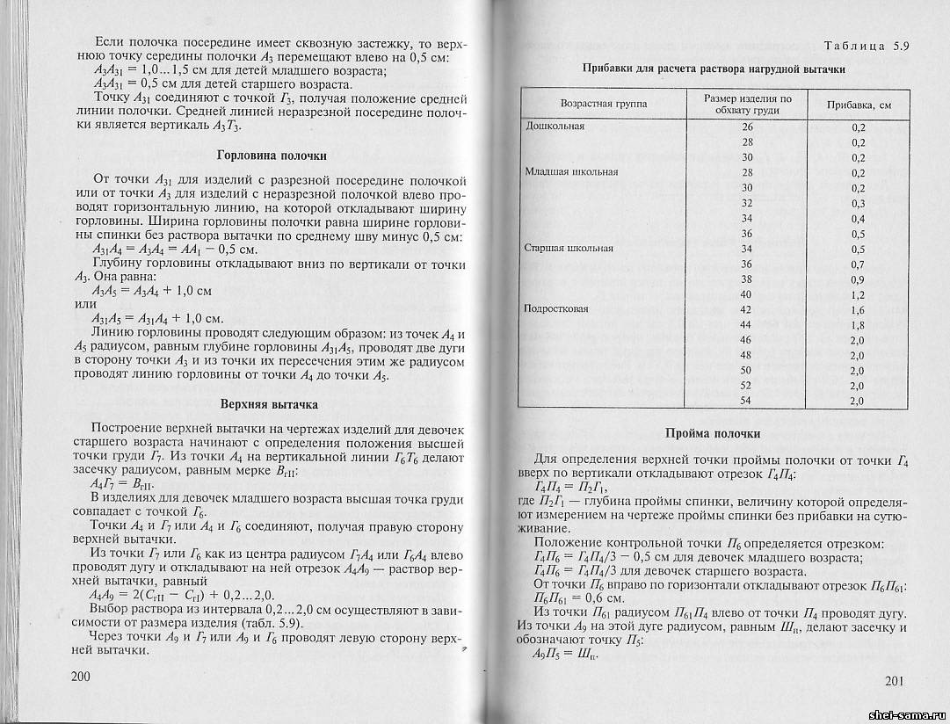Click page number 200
click(x=80, y=677)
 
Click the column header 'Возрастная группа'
click(x=603, y=104)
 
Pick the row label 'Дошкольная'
click(x=555, y=126)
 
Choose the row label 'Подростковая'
click(x=556, y=309)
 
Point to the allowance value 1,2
click(x=858, y=294)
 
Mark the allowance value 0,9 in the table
click(x=858, y=279)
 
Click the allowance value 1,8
click(x=858, y=325)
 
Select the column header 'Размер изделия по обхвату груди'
click(x=748, y=105)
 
